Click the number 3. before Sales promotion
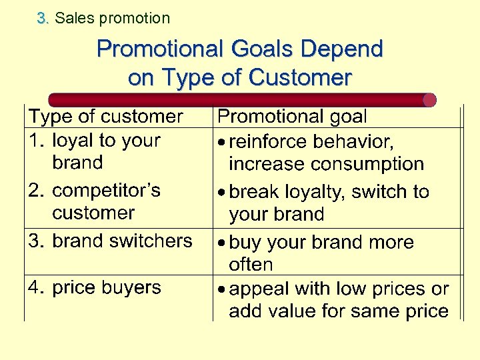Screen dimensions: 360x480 (x=44, y=19)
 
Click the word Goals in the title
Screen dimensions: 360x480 (x=261, y=49)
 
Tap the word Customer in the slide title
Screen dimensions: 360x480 (x=299, y=78)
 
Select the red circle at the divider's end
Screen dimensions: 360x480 (x=429, y=100)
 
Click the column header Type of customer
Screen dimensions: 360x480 (x=105, y=117)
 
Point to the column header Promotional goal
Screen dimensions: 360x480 (x=293, y=117)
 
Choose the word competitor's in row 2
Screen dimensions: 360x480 (x=106, y=191)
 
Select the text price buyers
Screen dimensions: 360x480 (x=107, y=288)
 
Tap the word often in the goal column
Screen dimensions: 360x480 (x=251, y=265)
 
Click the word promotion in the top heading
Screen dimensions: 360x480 (x=134, y=19)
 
